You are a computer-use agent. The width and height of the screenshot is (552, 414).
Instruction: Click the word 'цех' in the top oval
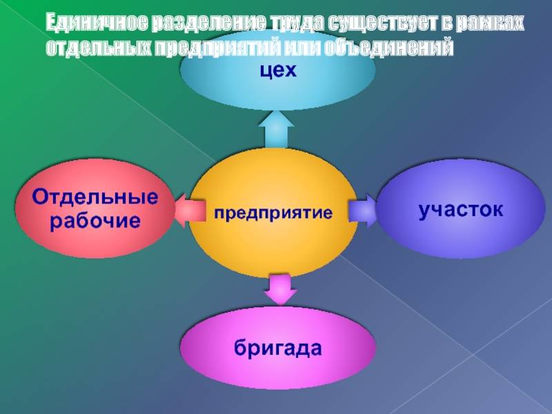[x=278, y=71]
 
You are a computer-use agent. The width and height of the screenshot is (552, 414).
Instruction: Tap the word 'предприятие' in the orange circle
[x=273, y=213]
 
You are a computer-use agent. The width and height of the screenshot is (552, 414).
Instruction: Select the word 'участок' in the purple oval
[x=461, y=210]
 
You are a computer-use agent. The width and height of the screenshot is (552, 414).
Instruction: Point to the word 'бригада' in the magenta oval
[x=278, y=348]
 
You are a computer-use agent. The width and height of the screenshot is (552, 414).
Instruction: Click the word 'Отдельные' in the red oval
[x=95, y=197]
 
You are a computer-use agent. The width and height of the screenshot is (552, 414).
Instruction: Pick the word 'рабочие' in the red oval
[x=95, y=221]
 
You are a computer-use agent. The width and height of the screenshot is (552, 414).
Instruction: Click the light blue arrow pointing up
[x=277, y=129]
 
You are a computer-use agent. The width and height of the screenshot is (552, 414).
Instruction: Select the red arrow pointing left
[x=190, y=210]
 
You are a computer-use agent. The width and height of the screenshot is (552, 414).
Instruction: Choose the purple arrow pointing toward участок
[x=363, y=210]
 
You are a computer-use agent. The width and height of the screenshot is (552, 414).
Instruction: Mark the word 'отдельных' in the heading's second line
[x=99, y=48]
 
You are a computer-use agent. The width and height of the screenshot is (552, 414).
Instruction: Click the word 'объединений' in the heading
[x=388, y=48]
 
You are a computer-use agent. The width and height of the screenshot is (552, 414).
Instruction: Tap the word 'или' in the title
[x=301, y=48]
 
